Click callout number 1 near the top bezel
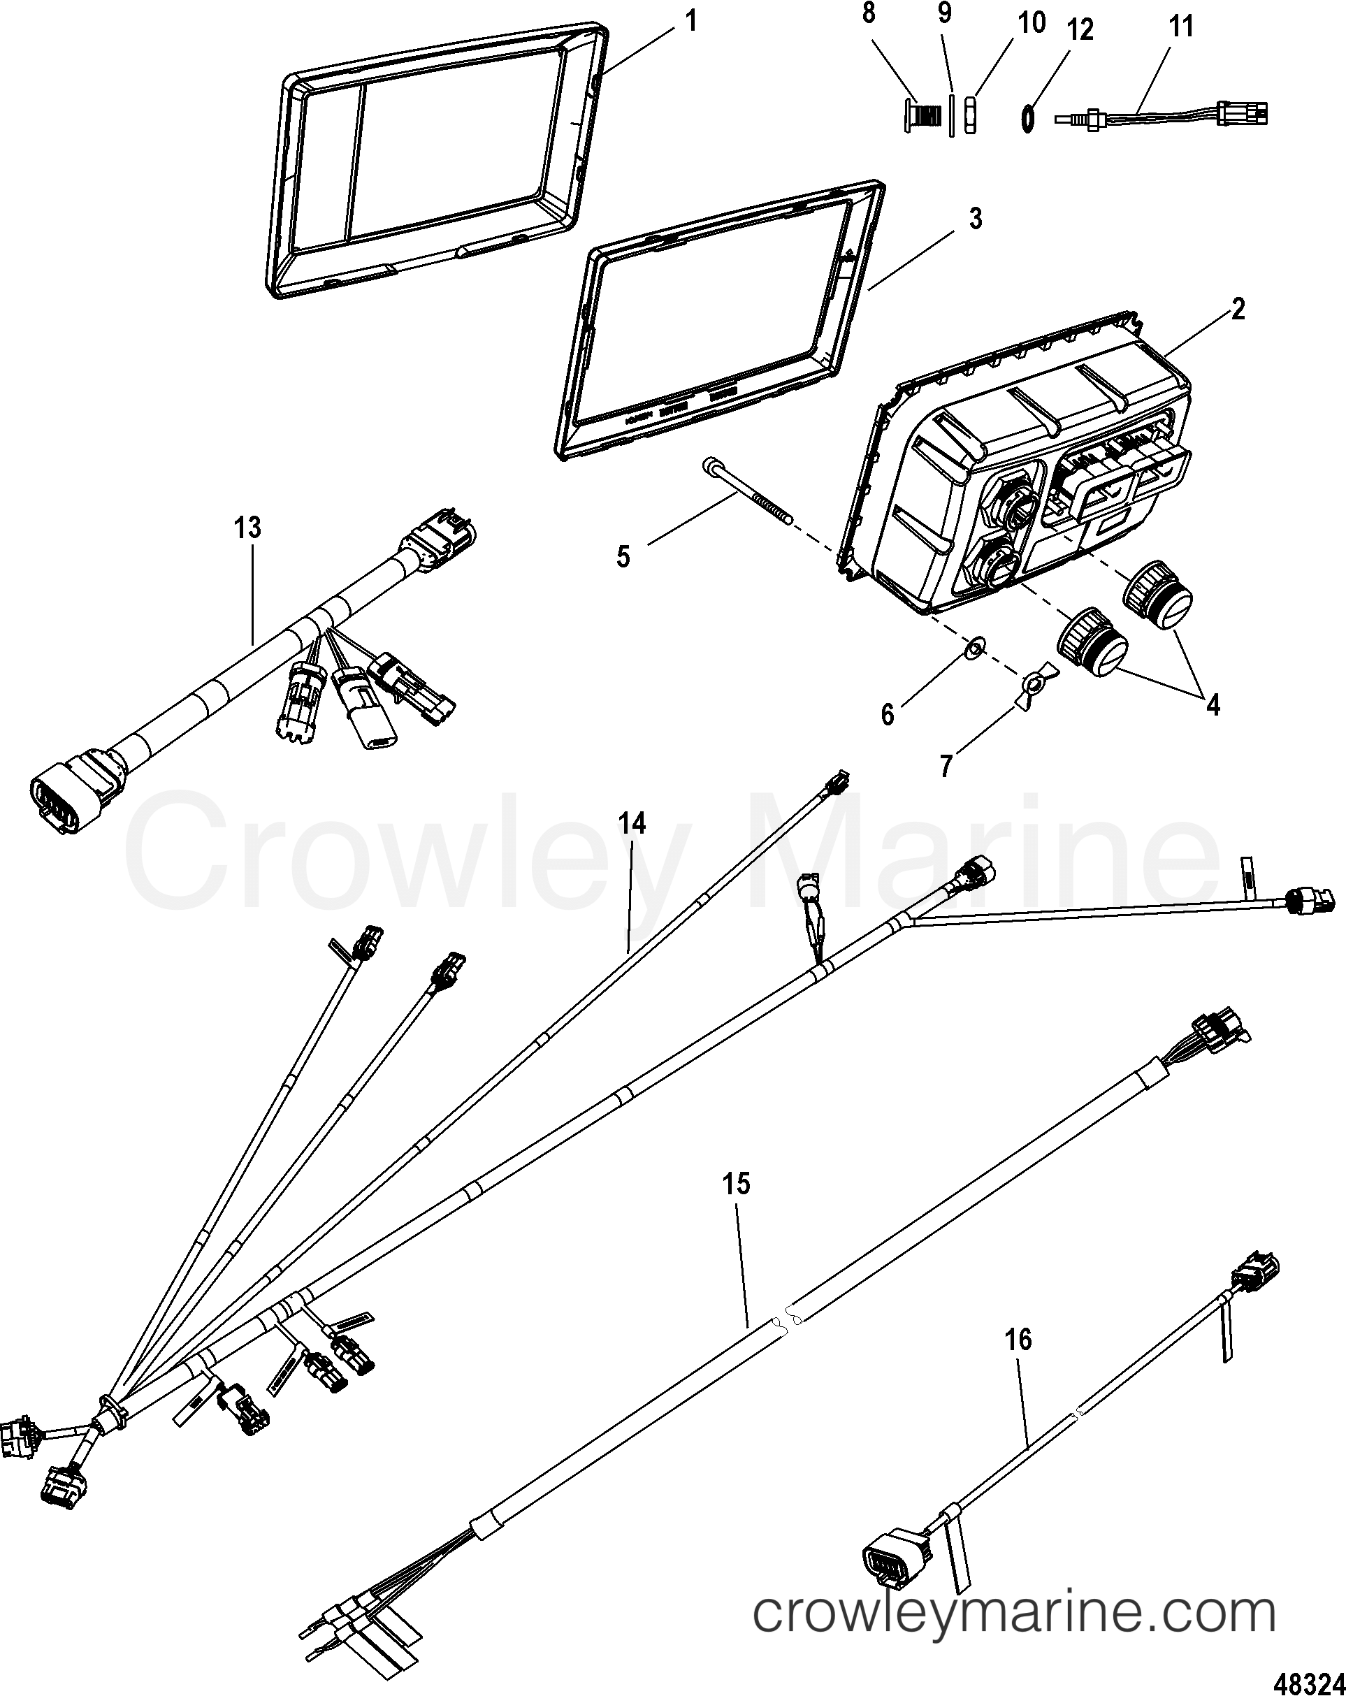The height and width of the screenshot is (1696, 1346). (690, 20)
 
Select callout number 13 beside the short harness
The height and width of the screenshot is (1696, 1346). (247, 528)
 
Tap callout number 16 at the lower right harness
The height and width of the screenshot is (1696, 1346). (1018, 1339)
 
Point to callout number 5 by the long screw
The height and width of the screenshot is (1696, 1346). (623, 557)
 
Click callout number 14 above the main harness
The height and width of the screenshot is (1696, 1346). (632, 824)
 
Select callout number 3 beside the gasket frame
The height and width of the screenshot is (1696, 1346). (975, 219)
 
